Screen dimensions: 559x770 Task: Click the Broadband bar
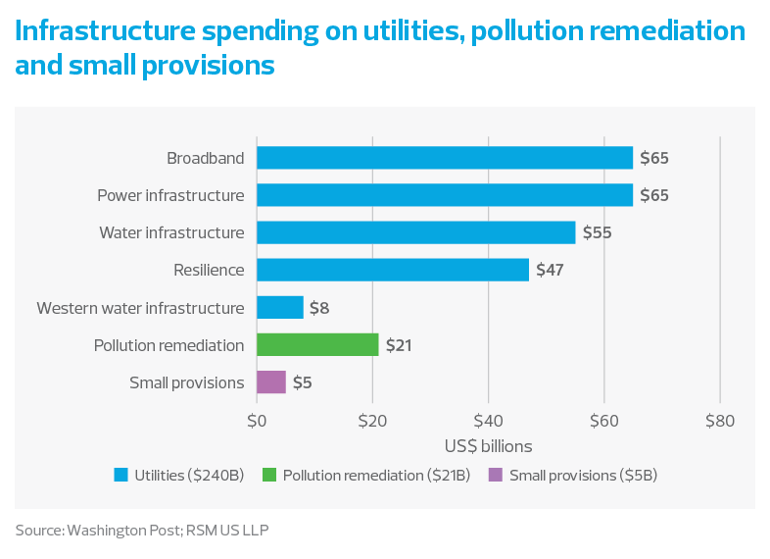444,158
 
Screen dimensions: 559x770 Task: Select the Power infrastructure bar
444,195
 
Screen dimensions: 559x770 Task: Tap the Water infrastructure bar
415,232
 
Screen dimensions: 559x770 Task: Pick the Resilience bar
392,270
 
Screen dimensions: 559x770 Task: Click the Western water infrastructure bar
279,307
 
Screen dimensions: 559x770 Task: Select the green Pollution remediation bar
317,344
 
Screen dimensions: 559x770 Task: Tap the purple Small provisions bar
270,381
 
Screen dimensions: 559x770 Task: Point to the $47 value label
551,270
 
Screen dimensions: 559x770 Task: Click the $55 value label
598,232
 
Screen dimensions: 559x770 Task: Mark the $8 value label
319,308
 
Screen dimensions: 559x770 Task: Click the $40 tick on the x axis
488,422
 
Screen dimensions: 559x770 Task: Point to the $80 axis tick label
720,422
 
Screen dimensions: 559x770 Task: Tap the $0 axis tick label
256,422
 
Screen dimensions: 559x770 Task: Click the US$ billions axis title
488,446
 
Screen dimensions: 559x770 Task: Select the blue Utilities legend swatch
121,476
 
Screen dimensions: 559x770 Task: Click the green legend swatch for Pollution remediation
268,476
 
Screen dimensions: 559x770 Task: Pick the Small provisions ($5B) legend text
583,476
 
